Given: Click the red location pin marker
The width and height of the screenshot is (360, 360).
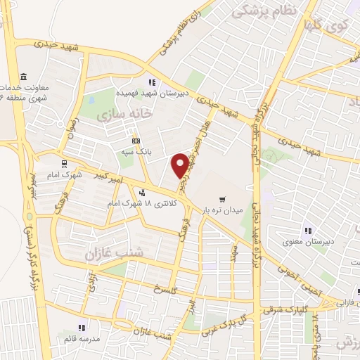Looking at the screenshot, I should [180, 165].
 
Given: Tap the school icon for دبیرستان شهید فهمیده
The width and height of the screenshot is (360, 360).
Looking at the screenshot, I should [152, 82].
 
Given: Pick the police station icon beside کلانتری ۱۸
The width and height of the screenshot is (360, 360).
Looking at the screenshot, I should [143, 193].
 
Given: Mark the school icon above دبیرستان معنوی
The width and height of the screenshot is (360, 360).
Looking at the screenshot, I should [307, 231].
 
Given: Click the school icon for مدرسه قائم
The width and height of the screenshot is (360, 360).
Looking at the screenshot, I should [82, 328].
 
